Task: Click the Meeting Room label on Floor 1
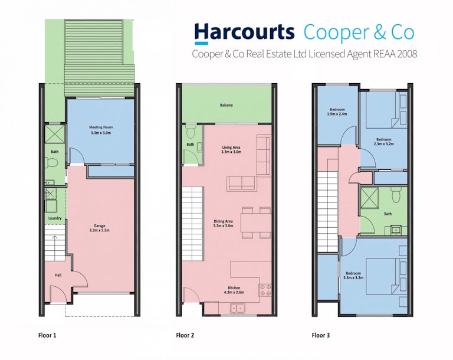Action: tap(101, 127)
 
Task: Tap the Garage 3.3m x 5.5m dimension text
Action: tap(99, 230)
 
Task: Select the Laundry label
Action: tap(55, 218)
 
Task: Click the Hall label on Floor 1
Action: tap(58, 275)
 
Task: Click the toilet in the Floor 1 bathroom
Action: tap(52, 163)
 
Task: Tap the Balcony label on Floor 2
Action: tap(226, 105)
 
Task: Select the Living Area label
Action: tap(231, 148)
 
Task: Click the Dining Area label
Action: tap(223, 221)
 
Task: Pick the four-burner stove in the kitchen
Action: tap(265, 290)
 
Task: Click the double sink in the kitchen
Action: tap(238, 309)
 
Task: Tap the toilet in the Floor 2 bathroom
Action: tap(191, 132)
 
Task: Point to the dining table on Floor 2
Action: tap(256, 222)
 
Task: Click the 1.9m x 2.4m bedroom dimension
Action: tap(337, 114)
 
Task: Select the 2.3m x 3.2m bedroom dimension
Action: tap(383, 144)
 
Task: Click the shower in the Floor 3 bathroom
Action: tap(369, 198)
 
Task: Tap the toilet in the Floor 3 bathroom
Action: tap(396, 195)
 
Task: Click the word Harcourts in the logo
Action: tap(244, 32)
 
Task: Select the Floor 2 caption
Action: tap(185, 335)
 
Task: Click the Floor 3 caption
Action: tap(321, 335)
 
